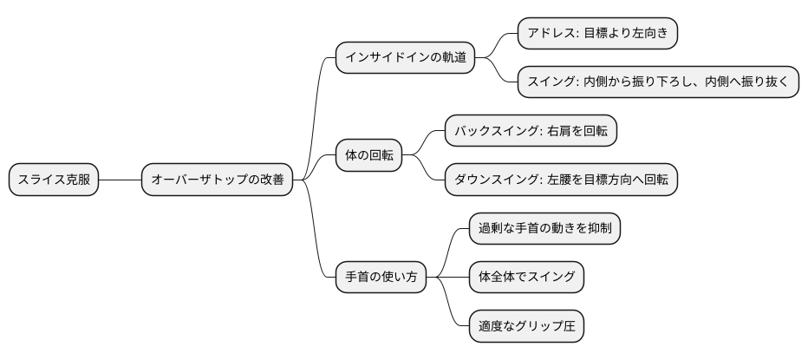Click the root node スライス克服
coord(54,180)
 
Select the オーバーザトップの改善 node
coord(217,180)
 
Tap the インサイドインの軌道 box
coord(405,58)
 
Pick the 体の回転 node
coord(368,156)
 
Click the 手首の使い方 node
coord(381,278)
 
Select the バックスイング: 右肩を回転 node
coord(531,131)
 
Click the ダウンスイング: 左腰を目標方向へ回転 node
coord(561,180)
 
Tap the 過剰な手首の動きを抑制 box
coord(544,229)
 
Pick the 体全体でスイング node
coord(526,278)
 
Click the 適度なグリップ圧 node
coord(526,327)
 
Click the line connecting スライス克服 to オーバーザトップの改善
coord(120,180)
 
